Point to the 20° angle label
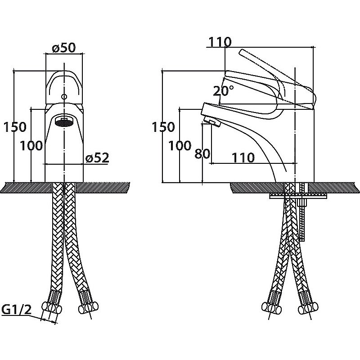coord(224,90)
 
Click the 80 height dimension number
coord(202,153)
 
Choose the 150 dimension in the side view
coord(163,127)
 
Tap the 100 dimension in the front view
coord(31,145)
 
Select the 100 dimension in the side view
coord(180,145)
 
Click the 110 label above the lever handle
coord(220,42)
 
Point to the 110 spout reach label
coord(243,157)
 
